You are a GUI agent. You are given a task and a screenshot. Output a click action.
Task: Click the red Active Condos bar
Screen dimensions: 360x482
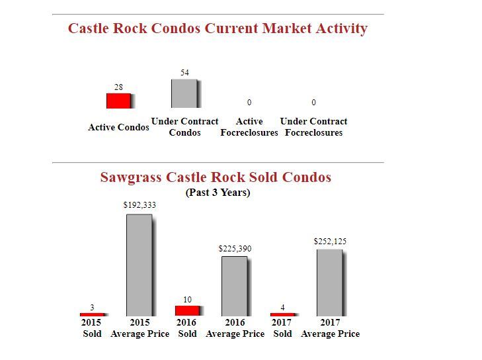[119, 101]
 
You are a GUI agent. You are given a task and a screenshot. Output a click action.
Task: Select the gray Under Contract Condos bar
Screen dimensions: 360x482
[184, 93]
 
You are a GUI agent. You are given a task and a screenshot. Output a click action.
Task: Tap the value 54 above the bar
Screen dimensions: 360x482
[184, 71]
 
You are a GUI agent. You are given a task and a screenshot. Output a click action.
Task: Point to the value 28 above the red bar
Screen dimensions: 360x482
[118, 87]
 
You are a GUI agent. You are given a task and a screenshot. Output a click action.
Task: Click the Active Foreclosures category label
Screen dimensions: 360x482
[249, 127]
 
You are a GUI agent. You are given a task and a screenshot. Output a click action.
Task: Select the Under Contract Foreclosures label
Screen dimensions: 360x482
[313, 127]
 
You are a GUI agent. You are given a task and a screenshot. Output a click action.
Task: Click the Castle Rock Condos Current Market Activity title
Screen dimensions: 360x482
[218, 28]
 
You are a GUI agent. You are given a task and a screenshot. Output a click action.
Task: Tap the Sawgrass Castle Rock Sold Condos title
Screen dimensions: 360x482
[216, 177]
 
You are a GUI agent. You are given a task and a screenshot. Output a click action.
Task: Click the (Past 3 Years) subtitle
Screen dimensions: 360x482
[218, 193]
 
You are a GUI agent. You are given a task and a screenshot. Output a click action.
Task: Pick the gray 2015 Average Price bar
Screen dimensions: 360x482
[140, 265]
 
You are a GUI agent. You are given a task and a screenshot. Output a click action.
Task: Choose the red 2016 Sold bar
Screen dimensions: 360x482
[187, 310]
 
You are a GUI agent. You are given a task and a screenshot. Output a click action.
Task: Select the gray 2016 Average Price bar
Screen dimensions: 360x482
[235, 286]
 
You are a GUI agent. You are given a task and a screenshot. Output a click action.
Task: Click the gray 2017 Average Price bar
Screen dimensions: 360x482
[330, 283]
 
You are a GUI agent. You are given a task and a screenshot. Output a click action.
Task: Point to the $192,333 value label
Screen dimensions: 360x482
[140, 205]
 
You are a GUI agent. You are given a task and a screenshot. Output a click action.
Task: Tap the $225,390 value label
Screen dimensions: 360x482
[235, 248]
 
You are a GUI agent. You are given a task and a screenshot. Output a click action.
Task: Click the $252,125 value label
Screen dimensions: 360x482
[330, 242]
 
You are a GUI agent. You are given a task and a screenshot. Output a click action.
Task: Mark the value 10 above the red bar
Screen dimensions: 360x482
[187, 300]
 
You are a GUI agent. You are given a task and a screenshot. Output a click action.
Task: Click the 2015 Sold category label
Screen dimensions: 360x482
[92, 328]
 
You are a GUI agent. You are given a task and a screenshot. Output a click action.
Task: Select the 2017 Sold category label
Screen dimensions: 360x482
[282, 328]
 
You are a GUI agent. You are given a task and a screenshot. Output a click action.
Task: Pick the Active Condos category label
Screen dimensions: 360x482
[118, 127]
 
